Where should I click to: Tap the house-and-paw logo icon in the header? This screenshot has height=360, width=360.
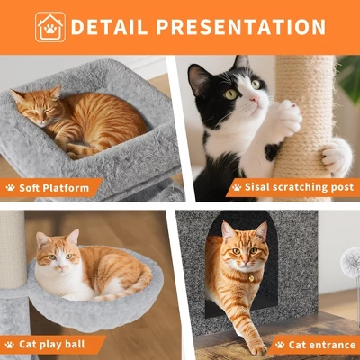coord(50,27)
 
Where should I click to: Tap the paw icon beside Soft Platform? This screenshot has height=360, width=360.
coord(11,188)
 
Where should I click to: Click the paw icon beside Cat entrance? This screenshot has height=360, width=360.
coord(280,344)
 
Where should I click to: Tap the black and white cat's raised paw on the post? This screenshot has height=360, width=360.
coord(287,116)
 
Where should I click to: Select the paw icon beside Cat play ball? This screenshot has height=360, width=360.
coord(11,344)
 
